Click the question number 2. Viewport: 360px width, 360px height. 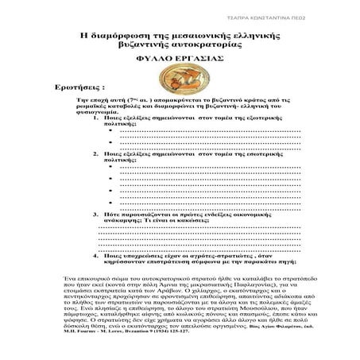click(x=95, y=175)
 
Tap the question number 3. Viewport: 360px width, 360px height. click(x=95, y=215)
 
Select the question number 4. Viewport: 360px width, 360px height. click(x=95, y=256)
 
